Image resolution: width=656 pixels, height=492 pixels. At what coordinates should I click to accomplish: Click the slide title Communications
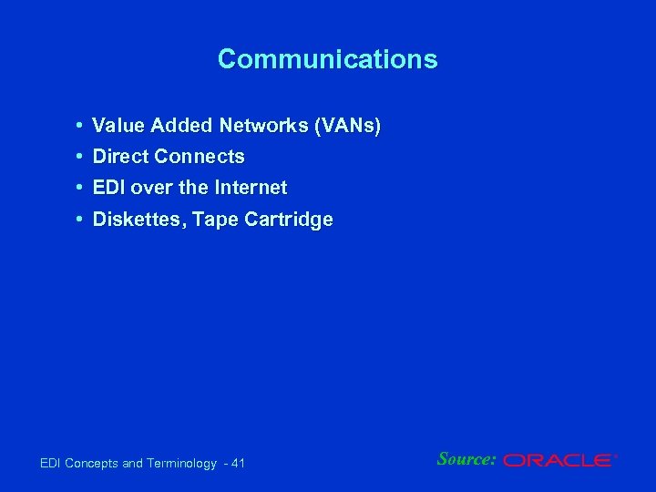(x=327, y=60)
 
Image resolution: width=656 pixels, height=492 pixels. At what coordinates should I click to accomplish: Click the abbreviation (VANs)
(x=347, y=126)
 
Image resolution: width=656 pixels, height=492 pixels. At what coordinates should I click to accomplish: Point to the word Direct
(x=121, y=157)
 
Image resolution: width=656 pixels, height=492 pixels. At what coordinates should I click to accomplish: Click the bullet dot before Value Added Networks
(x=81, y=125)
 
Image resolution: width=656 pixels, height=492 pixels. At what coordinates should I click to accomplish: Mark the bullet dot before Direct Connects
(x=81, y=157)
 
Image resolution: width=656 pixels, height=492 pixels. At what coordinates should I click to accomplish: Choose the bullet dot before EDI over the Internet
(x=81, y=188)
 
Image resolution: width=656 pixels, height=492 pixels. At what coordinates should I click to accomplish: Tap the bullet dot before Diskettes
(x=81, y=220)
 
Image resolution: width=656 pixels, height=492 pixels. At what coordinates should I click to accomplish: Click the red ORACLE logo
(x=559, y=461)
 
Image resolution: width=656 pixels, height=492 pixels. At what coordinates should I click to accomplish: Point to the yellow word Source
(x=466, y=458)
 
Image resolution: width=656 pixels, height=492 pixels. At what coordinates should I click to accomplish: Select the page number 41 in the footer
(x=238, y=464)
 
